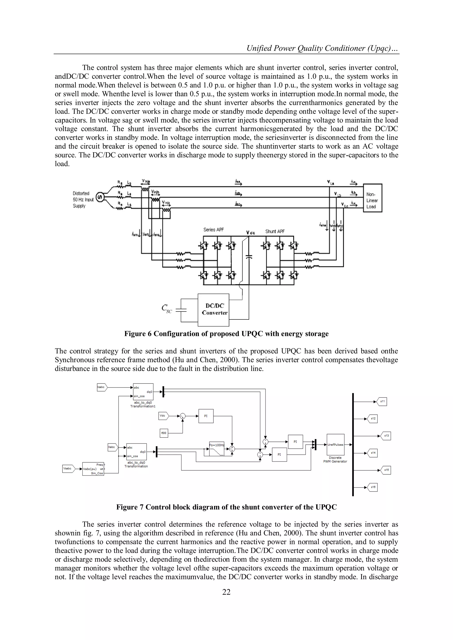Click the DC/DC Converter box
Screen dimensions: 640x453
(213, 310)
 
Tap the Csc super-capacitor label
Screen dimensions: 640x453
(167, 309)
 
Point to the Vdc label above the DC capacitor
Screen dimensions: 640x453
(250, 233)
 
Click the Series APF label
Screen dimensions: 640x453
(213, 230)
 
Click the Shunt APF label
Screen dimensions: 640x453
(275, 231)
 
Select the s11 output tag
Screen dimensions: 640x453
(382, 402)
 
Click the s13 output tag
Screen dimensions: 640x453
(386, 436)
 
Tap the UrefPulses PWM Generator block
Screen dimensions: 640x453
(335, 445)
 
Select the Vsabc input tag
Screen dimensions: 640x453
(67, 469)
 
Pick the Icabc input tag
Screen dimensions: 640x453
(102, 387)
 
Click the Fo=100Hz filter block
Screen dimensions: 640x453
(217, 449)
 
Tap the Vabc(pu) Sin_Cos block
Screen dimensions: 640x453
(93, 469)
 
